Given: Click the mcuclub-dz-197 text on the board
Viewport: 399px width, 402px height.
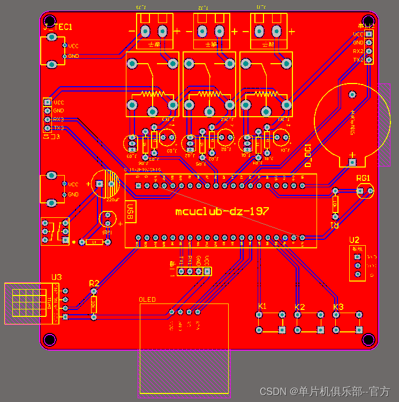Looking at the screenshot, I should click(x=222, y=211).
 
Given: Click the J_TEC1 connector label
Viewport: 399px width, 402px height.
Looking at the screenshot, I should click(x=57, y=26).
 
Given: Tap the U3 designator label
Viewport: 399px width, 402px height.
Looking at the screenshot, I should click(x=57, y=277).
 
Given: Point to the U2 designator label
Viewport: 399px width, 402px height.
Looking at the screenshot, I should click(x=354, y=240).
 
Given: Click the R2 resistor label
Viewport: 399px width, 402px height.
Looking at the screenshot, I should click(x=94, y=283).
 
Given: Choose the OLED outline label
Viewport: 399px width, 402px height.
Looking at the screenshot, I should click(x=147, y=300).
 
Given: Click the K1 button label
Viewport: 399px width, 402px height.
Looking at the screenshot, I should click(x=262, y=306).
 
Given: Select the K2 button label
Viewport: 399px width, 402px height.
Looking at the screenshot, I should click(x=300, y=307).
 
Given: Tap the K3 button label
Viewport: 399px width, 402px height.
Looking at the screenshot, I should click(x=338, y=307).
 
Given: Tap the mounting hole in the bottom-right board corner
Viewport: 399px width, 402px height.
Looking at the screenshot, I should click(x=368, y=339).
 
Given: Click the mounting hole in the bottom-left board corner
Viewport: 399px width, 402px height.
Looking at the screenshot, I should click(x=50, y=339).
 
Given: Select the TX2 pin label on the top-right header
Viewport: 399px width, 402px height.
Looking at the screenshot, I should click(x=358, y=59).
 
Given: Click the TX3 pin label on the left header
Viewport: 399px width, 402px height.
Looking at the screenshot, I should click(x=58, y=128).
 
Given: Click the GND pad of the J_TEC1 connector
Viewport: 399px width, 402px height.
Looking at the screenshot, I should click(x=65, y=56).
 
